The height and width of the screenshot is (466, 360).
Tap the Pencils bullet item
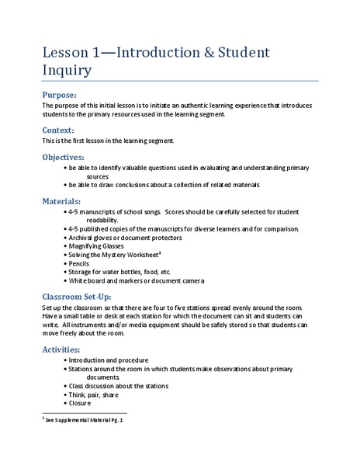click(81, 264)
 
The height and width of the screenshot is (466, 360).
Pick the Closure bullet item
click(81, 403)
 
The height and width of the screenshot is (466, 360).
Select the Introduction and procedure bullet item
click(109, 361)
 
